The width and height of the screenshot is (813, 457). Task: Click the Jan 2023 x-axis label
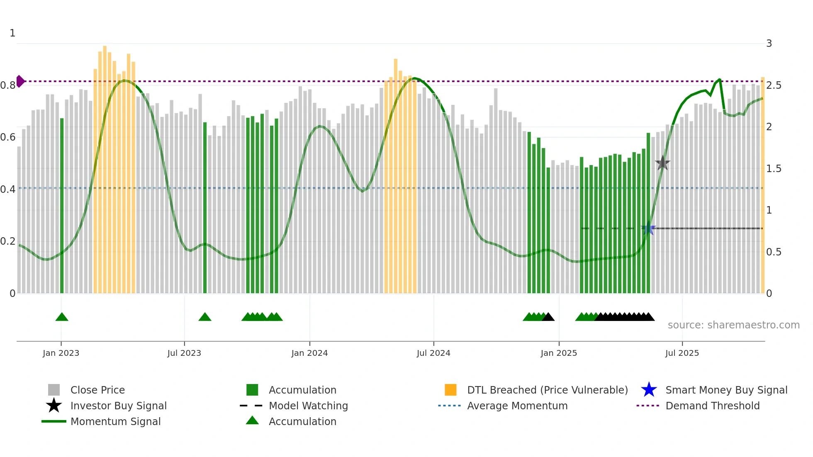61,353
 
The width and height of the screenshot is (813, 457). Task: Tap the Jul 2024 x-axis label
433,353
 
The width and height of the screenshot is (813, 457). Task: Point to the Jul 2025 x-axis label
682,353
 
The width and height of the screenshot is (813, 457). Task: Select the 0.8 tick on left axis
8,85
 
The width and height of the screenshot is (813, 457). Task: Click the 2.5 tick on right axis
774,85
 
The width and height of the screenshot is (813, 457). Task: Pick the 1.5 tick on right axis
774,169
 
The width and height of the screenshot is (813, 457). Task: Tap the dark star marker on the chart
662,163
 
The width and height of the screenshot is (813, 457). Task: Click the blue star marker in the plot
648,228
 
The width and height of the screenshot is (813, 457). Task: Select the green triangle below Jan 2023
62,317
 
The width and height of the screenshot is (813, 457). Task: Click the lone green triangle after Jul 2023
205,317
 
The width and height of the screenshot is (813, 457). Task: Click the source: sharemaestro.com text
733,325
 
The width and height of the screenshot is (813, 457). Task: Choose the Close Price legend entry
97,390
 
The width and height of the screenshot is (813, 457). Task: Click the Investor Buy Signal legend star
54,406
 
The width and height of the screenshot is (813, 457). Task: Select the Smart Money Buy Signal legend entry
726,390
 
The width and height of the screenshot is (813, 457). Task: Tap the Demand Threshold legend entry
712,406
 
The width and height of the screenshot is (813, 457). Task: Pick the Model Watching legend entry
308,406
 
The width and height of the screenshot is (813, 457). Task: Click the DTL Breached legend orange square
450,390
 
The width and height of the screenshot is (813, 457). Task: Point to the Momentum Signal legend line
54,421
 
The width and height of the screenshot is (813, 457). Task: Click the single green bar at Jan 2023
62,207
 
